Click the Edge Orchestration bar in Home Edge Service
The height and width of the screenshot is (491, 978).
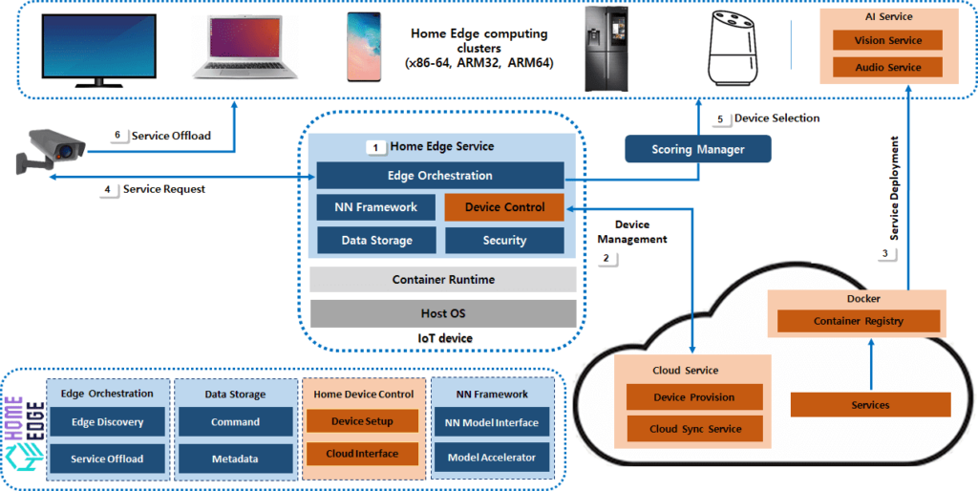point(440,176)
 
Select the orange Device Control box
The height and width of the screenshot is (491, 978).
point(504,207)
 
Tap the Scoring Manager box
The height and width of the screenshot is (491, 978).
point(697,149)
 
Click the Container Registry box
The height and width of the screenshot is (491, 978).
point(858,321)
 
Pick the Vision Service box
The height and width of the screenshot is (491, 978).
point(887,40)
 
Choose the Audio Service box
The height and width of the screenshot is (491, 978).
point(887,67)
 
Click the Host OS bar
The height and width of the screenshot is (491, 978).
point(443,313)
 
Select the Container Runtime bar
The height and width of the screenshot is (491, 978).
point(443,279)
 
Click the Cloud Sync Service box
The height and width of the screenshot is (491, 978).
point(694,429)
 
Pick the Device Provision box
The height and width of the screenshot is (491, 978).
point(694,397)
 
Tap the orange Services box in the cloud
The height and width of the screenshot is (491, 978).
point(870,405)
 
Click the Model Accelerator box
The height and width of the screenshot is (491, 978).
point(492,459)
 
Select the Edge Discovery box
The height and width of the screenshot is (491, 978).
point(107,422)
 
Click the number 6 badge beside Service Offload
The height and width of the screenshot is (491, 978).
point(117,136)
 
